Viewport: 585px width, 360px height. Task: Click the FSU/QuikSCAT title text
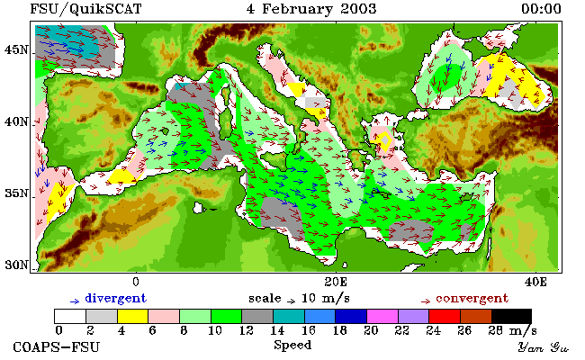(x=85, y=9)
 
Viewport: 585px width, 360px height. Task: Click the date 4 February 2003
(x=311, y=9)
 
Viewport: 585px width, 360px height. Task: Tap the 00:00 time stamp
(x=541, y=9)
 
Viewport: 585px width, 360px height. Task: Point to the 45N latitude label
(x=16, y=49)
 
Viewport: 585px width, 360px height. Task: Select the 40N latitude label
(x=16, y=121)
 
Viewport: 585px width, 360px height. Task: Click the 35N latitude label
(x=16, y=193)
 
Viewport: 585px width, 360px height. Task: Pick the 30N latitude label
(x=16, y=265)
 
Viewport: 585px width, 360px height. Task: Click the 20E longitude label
(x=336, y=282)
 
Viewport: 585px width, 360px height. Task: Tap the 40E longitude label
(x=535, y=282)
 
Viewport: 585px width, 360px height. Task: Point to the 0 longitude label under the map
(x=136, y=282)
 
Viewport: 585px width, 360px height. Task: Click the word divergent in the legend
(x=116, y=298)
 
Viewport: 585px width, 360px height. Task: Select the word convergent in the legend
(x=472, y=298)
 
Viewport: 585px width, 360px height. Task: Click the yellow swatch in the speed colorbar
(x=132, y=316)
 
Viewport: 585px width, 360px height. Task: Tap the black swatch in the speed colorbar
(x=511, y=316)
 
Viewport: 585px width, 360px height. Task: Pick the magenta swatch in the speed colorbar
(x=382, y=316)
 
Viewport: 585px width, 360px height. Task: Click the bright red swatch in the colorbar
(x=445, y=316)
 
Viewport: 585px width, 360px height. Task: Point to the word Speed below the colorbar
(x=292, y=346)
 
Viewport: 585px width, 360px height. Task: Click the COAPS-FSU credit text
(x=57, y=346)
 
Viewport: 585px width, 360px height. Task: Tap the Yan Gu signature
(x=543, y=347)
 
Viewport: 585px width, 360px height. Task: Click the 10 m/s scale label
(x=325, y=298)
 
